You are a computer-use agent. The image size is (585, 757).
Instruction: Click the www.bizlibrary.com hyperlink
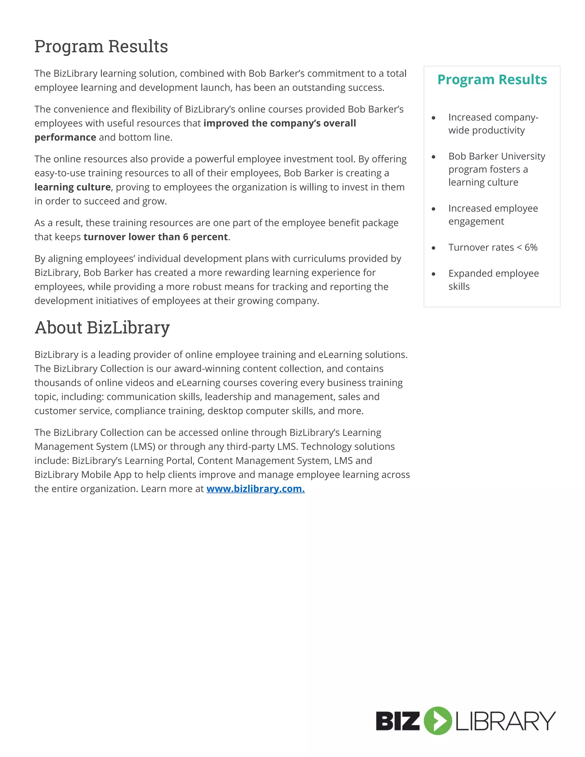[255, 489]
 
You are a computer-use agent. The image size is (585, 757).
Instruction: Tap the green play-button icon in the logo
[438, 721]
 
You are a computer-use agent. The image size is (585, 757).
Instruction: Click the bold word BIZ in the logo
[398, 721]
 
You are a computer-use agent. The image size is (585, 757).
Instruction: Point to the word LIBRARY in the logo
[505, 721]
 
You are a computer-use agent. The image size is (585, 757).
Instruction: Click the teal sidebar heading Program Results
[492, 80]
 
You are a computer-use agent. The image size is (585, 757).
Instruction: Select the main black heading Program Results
[101, 47]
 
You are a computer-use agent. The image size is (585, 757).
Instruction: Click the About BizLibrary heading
[102, 328]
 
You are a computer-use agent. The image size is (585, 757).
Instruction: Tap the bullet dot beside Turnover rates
[433, 248]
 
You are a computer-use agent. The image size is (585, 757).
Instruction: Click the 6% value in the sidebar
[531, 247]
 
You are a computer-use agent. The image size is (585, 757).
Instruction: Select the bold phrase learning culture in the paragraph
[73, 187]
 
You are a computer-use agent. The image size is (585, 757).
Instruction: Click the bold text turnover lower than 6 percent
[156, 237]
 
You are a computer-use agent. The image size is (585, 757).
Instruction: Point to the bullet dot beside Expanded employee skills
[433, 274]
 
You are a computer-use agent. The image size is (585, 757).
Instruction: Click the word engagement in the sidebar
[476, 221]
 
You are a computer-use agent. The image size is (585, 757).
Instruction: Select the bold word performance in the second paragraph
[65, 138]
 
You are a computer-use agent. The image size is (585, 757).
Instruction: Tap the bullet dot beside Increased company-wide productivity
[433, 118]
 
